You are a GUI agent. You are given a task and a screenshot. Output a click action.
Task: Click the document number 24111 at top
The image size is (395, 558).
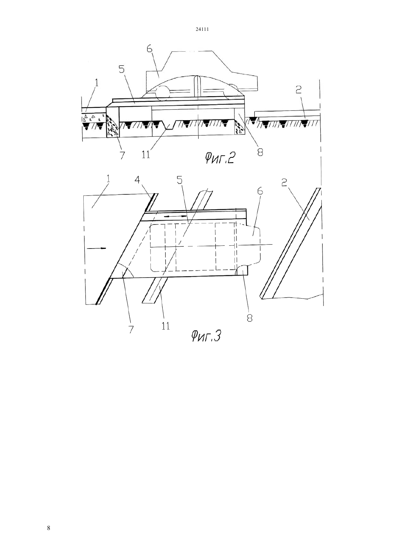point(202,29)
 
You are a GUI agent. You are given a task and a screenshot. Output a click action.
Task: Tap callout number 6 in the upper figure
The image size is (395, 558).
point(149,49)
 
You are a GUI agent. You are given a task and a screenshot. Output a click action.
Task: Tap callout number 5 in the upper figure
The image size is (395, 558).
point(121,69)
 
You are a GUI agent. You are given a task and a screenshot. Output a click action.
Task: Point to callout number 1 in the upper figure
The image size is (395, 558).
point(97,82)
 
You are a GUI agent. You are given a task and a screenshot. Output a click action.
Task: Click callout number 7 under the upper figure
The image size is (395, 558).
point(122,155)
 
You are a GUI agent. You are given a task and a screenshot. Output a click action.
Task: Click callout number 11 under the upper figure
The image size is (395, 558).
point(146,155)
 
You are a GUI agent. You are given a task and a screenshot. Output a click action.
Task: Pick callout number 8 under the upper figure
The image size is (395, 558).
point(260,152)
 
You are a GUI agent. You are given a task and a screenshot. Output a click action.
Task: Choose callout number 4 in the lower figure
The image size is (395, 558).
point(137,180)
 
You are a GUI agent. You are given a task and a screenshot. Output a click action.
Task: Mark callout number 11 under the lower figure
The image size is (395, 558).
point(166,326)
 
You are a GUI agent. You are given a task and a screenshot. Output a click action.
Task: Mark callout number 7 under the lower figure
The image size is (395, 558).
point(131,330)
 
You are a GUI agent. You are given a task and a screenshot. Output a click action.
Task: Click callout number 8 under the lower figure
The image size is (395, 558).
point(249,318)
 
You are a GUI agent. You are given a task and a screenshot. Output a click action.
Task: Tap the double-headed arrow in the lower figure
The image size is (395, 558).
point(175,216)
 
